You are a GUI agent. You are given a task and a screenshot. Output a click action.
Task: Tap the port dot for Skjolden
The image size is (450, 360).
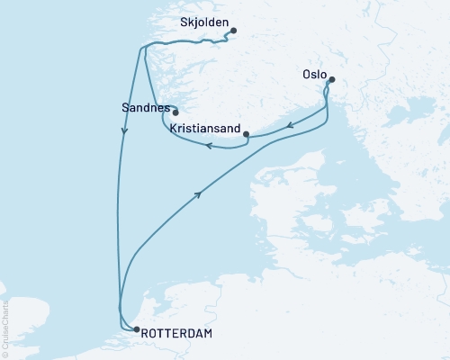[x=233, y=31]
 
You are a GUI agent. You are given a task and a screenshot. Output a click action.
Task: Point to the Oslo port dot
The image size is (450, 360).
[x=331, y=80]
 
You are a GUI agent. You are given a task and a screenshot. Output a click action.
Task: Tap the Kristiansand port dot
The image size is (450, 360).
[x=246, y=134]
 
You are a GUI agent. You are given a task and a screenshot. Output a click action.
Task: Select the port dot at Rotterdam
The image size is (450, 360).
[x=136, y=329]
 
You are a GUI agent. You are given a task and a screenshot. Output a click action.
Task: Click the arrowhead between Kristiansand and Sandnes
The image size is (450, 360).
[x=206, y=146]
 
